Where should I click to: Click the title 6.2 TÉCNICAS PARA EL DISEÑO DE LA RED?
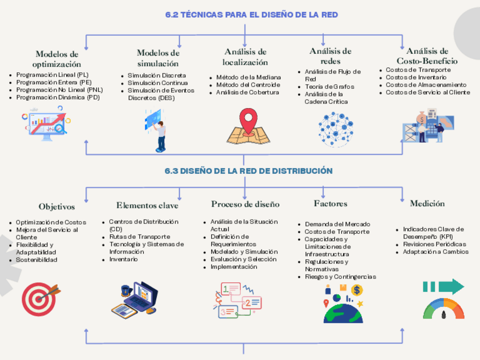click(x=251, y=15)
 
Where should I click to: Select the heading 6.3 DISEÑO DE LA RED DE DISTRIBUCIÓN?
click(x=248, y=170)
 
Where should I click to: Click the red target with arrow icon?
click(x=40, y=298)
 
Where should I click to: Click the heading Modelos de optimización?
click(x=57, y=59)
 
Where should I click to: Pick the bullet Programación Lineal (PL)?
click(x=52, y=75)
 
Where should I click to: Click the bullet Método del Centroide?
click(x=248, y=85)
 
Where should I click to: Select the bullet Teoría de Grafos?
click(x=329, y=87)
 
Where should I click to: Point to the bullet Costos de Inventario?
click(x=415, y=78)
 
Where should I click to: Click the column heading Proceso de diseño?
click(x=245, y=204)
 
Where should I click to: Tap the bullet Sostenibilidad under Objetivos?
click(x=37, y=260)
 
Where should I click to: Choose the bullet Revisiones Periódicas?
click(x=434, y=245)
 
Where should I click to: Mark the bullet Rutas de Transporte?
click(x=139, y=237)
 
